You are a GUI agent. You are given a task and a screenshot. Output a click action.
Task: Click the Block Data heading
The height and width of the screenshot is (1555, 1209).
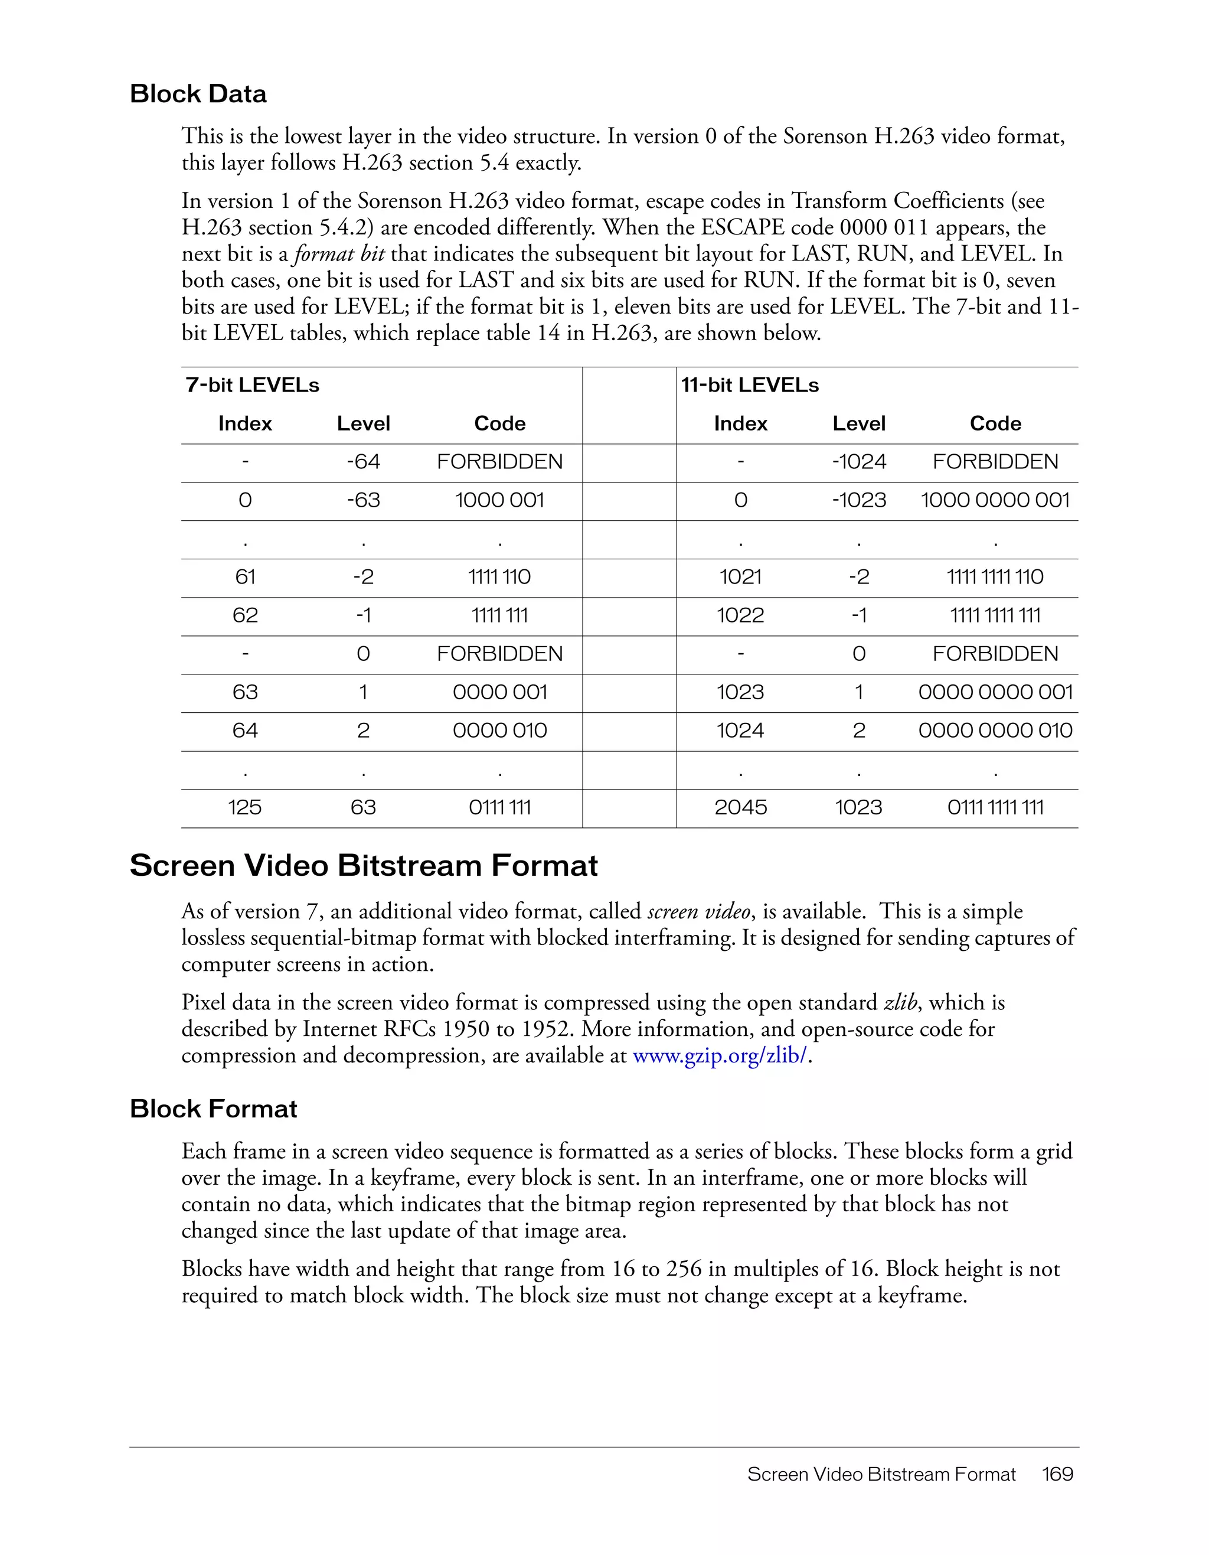[198, 94]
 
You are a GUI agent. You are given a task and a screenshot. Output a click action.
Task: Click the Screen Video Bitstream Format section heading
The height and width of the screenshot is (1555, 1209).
[364, 866]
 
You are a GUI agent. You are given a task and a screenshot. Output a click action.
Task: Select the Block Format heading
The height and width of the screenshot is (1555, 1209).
[214, 1109]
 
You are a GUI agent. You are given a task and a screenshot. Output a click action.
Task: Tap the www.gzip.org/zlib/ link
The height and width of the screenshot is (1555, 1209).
[720, 1055]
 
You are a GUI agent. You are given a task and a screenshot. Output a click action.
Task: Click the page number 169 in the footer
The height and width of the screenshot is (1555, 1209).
[1057, 1474]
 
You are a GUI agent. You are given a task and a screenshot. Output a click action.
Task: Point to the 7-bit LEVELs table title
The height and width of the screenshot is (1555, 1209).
[252, 385]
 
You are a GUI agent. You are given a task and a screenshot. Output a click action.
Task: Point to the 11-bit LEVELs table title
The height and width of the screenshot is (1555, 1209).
[750, 385]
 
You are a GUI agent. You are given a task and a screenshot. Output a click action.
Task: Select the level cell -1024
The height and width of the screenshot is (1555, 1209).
[859, 462]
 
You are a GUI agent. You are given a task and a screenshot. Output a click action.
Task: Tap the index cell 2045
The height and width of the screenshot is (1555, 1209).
[741, 807]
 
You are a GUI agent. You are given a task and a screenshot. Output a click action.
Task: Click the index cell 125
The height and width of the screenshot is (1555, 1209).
[245, 807]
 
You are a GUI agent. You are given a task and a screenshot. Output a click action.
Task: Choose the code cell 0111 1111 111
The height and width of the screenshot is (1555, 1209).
[995, 807]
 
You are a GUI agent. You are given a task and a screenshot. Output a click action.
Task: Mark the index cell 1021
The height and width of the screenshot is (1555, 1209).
[741, 577]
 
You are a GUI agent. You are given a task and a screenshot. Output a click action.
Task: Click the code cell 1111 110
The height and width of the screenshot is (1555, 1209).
[499, 577]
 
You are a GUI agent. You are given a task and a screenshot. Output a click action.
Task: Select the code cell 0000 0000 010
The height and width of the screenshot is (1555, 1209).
[995, 731]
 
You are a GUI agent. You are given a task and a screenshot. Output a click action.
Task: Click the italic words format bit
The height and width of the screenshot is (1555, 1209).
[339, 254]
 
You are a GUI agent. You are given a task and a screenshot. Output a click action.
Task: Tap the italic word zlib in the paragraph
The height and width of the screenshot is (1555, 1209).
[900, 1002]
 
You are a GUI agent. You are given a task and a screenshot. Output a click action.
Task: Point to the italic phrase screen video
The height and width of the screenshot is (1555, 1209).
[698, 911]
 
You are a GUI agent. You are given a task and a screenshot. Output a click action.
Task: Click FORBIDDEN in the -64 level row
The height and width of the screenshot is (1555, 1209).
[499, 462]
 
